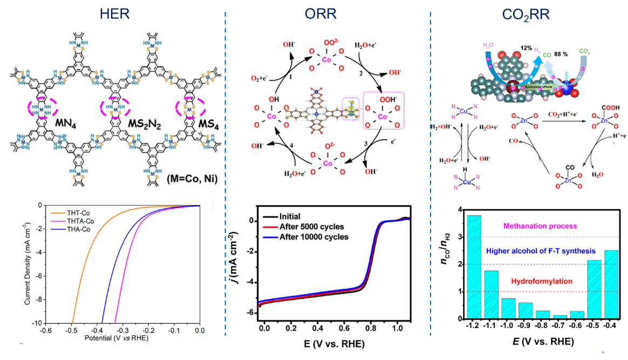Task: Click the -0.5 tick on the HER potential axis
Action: point(71,330)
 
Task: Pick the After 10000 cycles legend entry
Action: point(311,236)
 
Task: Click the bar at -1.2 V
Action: point(474,267)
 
